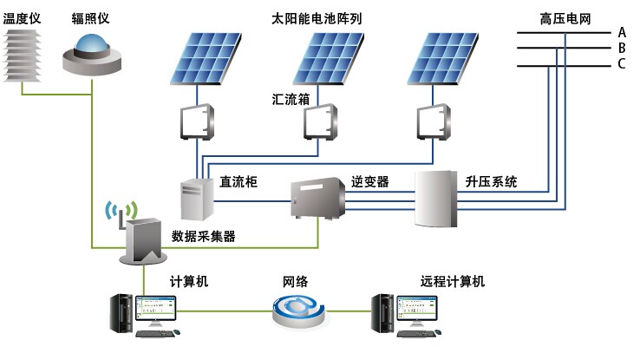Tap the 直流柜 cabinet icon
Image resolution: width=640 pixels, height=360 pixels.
click(x=196, y=200)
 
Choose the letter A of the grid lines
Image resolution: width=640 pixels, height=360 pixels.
click(x=622, y=32)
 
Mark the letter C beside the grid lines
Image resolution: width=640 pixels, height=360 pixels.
click(x=622, y=64)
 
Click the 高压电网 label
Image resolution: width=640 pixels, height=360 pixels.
click(x=565, y=17)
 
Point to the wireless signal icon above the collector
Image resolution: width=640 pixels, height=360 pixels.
click(x=121, y=210)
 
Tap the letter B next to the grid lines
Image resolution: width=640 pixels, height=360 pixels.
click(x=622, y=49)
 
